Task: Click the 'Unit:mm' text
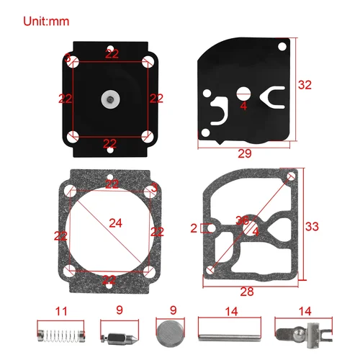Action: [x=48, y=21]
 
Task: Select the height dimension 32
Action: [x=305, y=85]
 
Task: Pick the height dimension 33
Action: [x=312, y=226]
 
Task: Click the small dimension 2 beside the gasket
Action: [x=193, y=228]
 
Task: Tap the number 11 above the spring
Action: [x=61, y=312]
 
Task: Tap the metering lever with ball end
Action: [x=294, y=335]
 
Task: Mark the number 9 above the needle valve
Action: [x=119, y=312]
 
